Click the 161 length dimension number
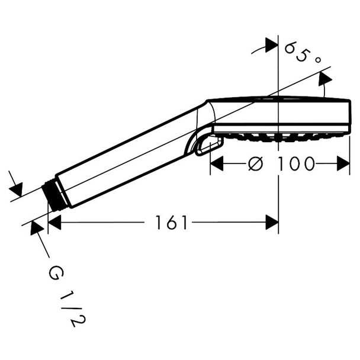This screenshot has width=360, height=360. click(x=171, y=222)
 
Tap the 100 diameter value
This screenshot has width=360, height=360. click(x=295, y=163)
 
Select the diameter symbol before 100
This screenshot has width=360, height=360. click(x=255, y=163)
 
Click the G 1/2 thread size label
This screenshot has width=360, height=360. click(x=66, y=296)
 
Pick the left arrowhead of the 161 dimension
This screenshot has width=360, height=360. click(x=54, y=222)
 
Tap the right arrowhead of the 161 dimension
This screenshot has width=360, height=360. click(x=272, y=222)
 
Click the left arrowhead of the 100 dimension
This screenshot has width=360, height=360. click(x=217, y=163)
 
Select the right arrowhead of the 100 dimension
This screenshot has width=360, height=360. click(x=343, y=163)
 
